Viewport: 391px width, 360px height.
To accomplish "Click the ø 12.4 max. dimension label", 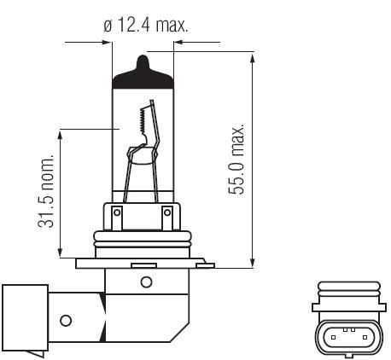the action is (x=146, y=25).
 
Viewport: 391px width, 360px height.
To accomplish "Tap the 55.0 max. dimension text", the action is (x=236, y=160).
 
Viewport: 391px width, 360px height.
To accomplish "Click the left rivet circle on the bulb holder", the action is (x=117, y=212).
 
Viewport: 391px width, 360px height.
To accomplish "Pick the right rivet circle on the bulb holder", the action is (x=167, y=212).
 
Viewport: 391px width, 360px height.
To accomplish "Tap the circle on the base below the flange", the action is (x=147, y=282).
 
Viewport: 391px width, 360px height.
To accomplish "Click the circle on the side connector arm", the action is (x=66, y=321).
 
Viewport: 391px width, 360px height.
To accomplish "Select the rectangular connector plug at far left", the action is (x=25, y=317).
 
